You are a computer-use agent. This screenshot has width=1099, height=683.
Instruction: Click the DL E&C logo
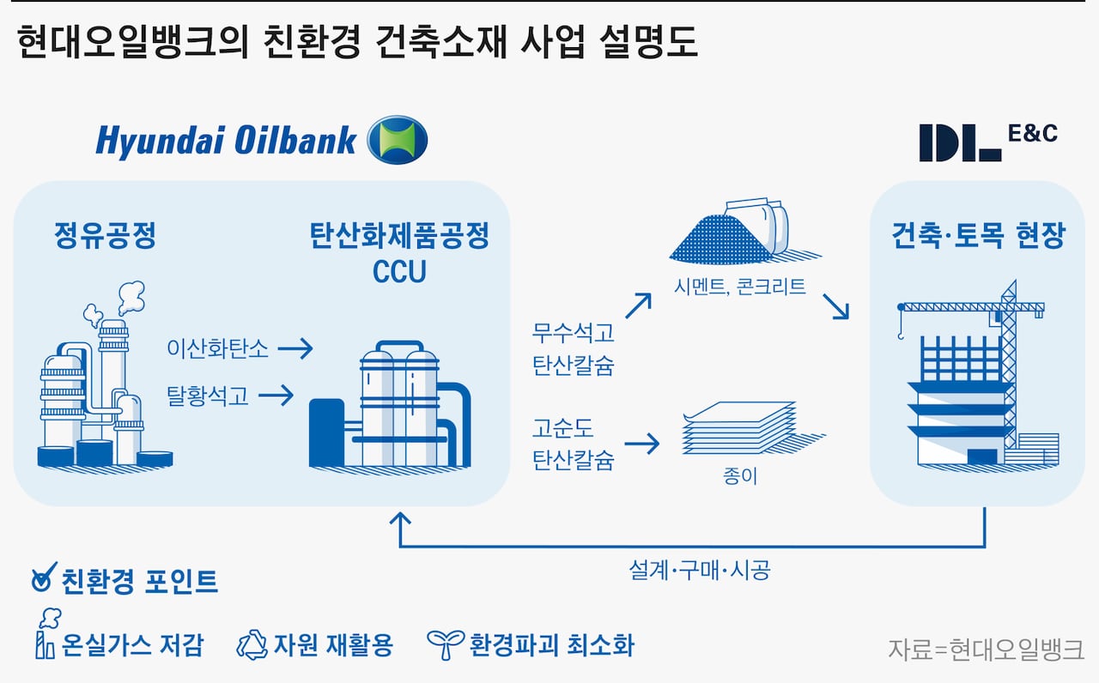point(987,142)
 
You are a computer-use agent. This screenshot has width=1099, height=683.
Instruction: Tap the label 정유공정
point(105,236)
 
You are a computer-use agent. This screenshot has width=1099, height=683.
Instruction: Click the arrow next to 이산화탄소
point(295,348)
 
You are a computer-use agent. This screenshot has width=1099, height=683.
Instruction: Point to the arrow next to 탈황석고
point(276,395)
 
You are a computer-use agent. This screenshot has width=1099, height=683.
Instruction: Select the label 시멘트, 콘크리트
point(740,287)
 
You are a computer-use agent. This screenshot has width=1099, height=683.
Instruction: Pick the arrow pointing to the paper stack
point(641,444)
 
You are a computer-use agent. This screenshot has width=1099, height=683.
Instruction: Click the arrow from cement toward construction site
point(835,306)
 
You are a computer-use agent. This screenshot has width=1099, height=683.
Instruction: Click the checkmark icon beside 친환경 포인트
point(42,581)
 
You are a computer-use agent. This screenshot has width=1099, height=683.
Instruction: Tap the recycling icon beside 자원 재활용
point(252,644)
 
